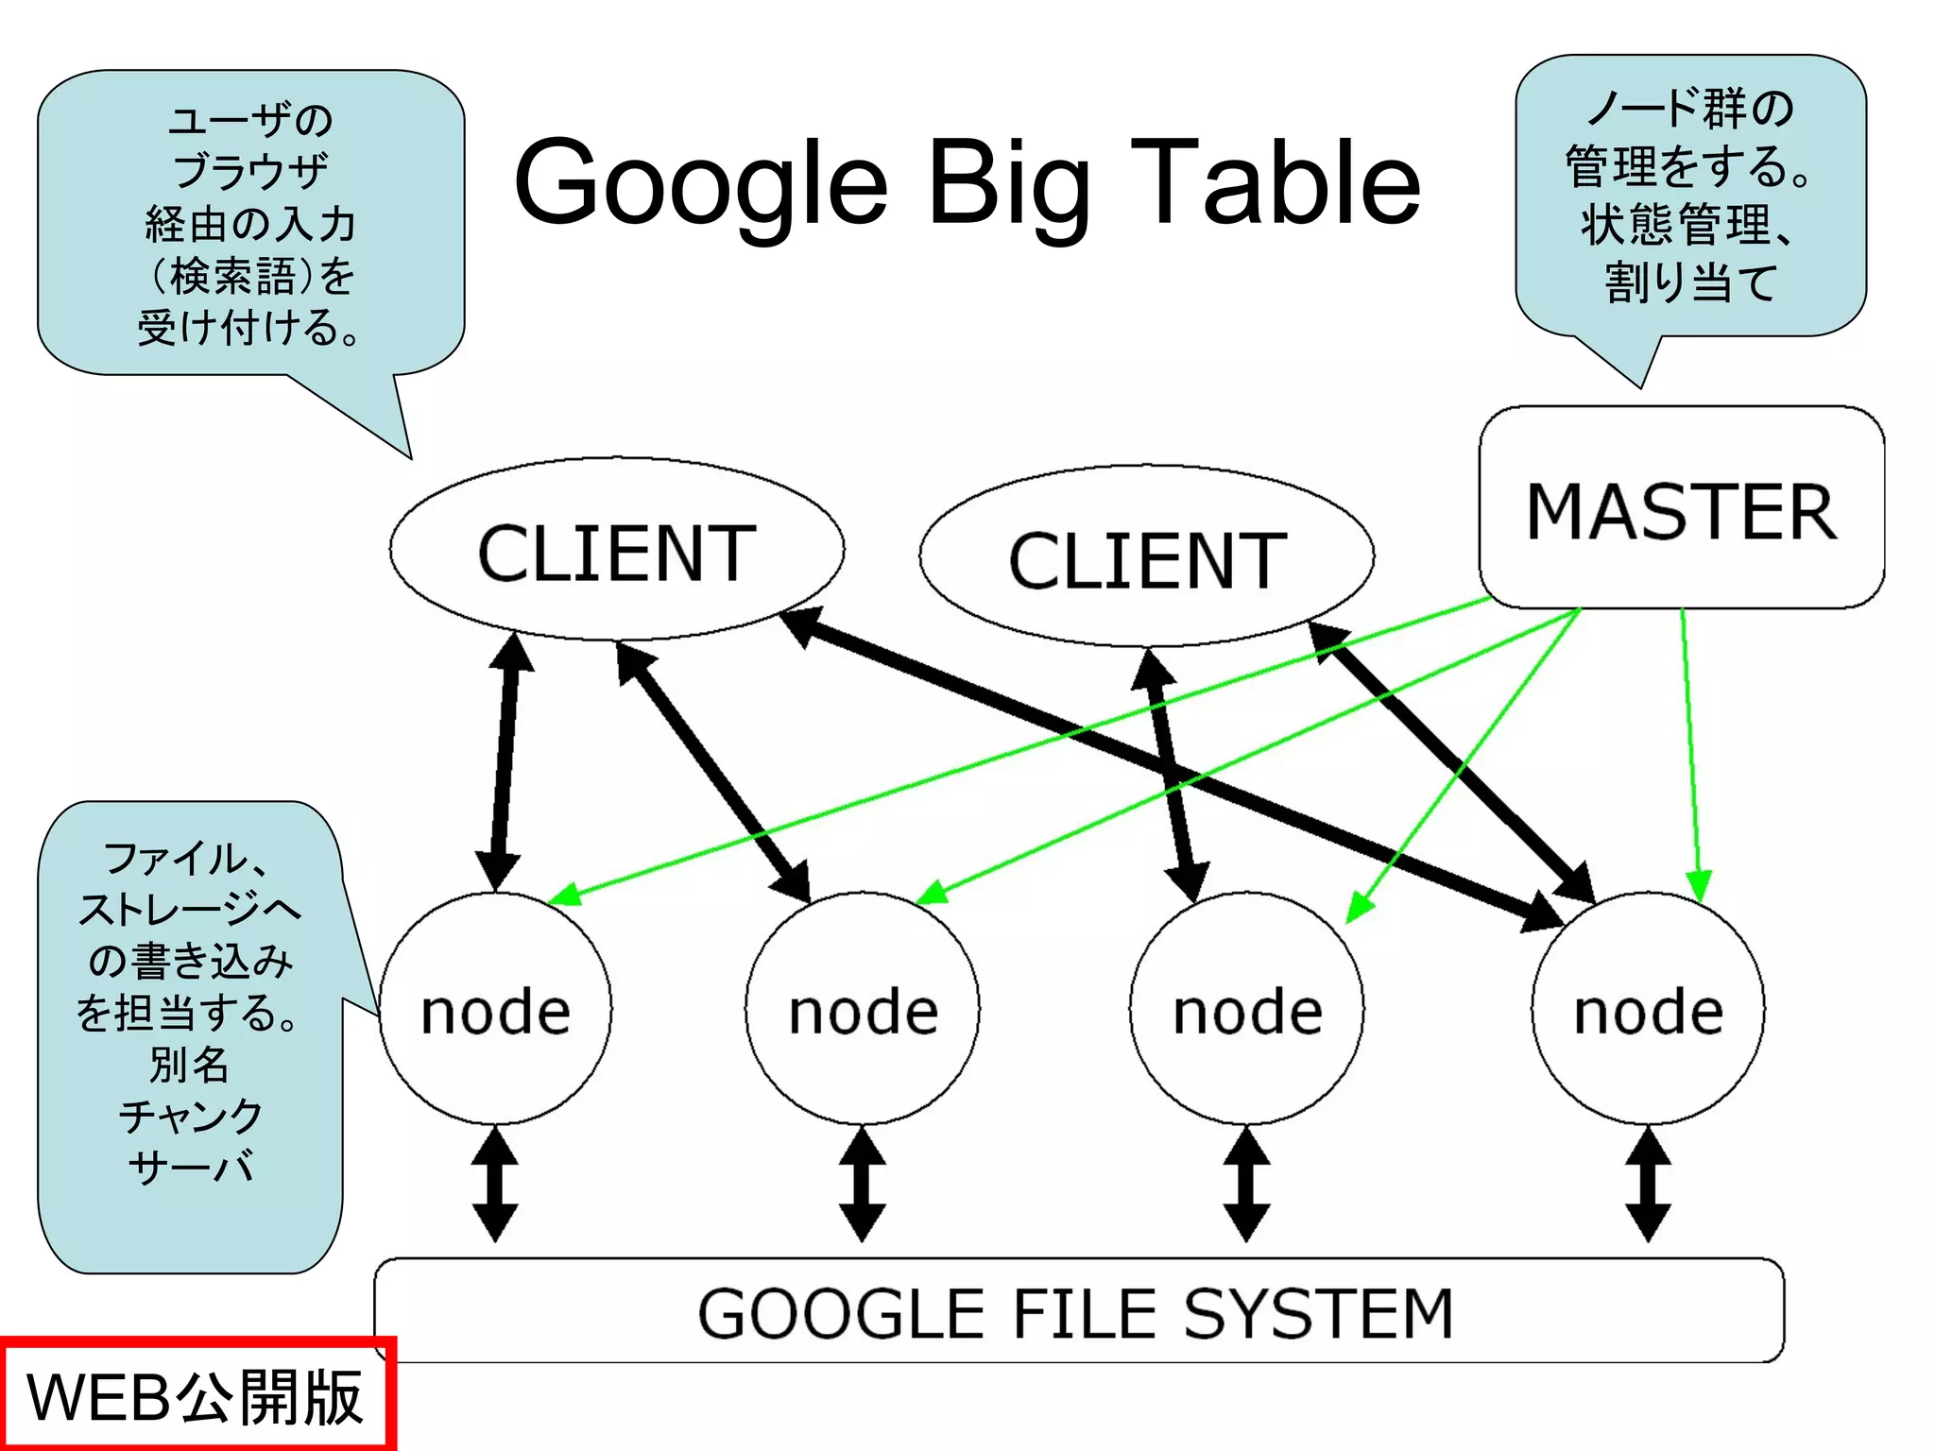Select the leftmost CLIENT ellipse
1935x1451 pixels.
point(616,551)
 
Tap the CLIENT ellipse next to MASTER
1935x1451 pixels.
point(1146,557)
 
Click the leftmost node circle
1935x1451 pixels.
point(495,1009)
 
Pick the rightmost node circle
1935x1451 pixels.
point(1648,1009)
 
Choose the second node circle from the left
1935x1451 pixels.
point(863,1009)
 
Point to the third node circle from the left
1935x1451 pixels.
point(1246,1009)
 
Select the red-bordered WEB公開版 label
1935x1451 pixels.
point(197,1395)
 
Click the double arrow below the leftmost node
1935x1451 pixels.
point(495,1185)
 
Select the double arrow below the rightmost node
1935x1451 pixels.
point(1648,1185)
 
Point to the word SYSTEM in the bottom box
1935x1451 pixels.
point(1317,1313)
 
